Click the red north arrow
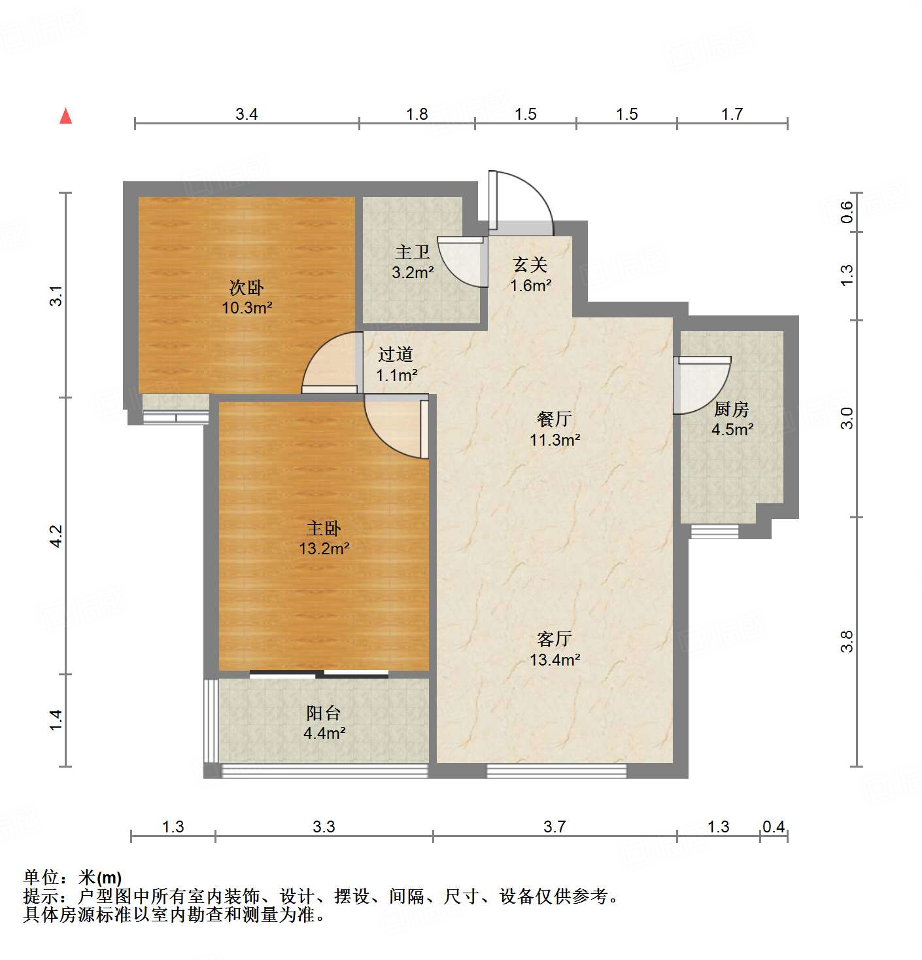click(65, 116)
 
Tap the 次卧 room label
click(247, 287)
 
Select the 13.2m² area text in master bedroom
click(324, 548)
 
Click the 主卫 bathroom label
click(413, 252)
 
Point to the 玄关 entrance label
click(530, 264)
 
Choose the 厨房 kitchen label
click(731, 409)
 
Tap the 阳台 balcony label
click(324, 713)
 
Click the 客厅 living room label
click(555, 638)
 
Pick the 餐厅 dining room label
click(555, 418)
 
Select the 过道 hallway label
click(396, 354)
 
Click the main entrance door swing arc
click(523, 200)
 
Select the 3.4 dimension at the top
click(247, 115)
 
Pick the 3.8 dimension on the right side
click(847, 641)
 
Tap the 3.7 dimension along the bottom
click(555, 827)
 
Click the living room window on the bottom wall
click(556, 770)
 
